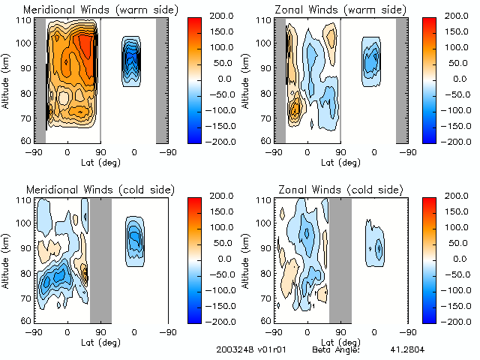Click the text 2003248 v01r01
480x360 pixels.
tap(244, 350)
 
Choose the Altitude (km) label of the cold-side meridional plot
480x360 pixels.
tap(7, 259)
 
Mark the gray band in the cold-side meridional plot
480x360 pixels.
tap(100, 259)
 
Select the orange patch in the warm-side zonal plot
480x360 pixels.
tap(295, 108)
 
